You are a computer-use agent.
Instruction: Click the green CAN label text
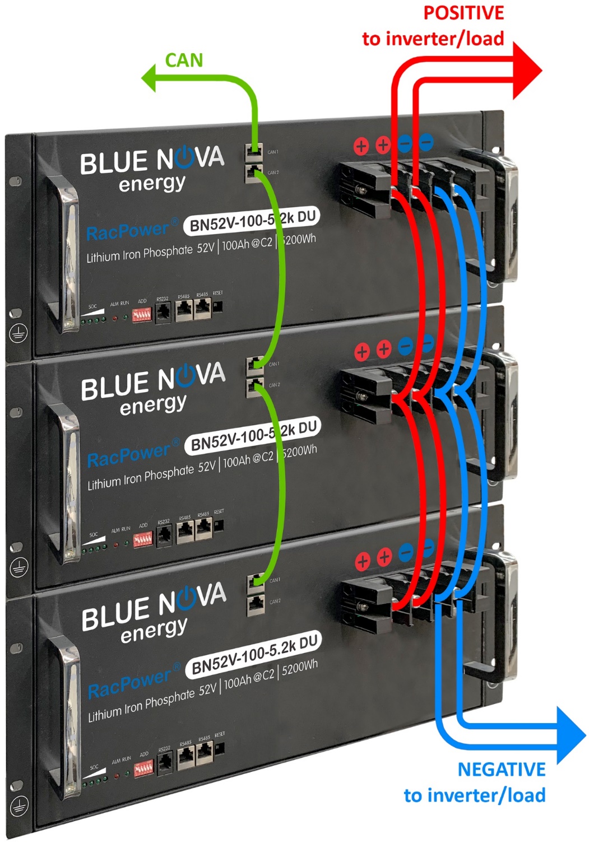[184, 60]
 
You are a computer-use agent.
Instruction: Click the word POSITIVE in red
[463, 13]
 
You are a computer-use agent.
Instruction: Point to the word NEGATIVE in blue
[502, 770]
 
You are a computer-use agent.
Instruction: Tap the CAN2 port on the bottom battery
[256, 604]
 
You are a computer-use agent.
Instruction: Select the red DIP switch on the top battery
[142, 314]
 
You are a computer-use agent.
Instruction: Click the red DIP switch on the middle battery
[142, 540]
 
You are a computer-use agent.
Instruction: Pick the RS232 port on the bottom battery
[165, 763]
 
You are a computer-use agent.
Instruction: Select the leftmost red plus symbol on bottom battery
[363, 561]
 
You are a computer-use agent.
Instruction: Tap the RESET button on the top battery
[218, 306]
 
